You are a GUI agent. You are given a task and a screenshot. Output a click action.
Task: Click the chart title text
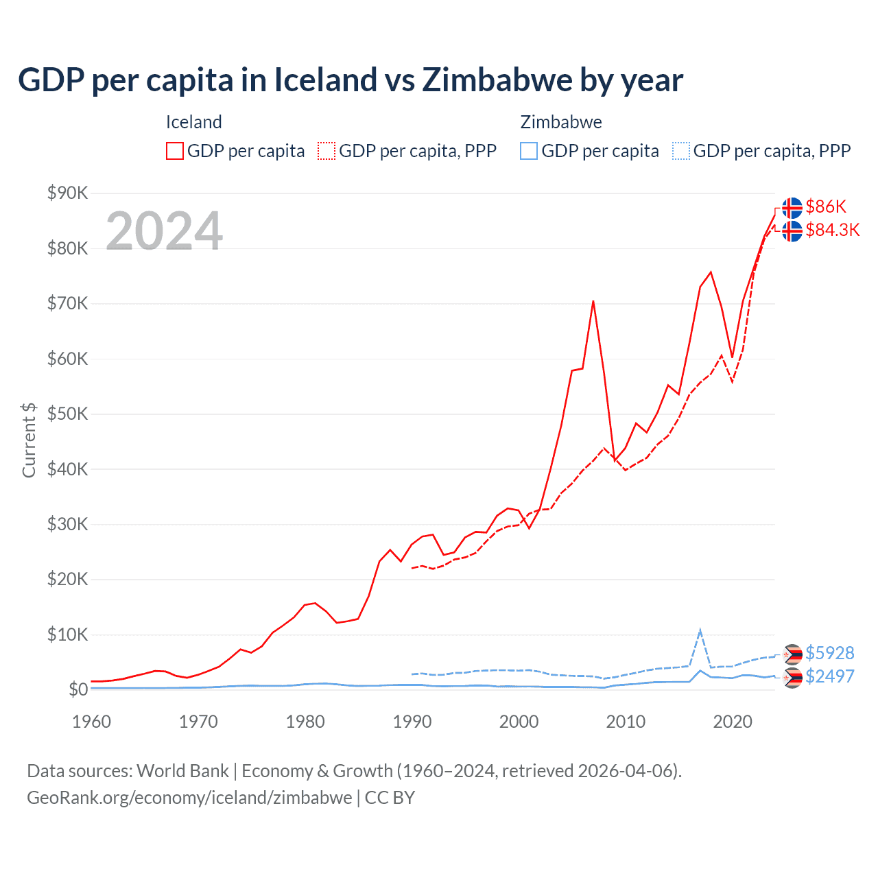click(350, 80)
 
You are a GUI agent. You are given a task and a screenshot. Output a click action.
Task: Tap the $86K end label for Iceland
click(826, 206)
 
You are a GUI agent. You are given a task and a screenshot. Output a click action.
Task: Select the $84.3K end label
click(832, 230)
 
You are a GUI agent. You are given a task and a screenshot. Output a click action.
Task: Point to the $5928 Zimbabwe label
click(829, 653)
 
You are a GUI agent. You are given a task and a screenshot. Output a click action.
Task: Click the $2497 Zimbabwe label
click(829, 676)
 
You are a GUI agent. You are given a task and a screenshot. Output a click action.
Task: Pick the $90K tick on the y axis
click(67, 193)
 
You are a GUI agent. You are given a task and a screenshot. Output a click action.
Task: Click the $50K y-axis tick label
click(67, 414)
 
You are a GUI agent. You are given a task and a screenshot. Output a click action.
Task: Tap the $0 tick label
click(78, 689)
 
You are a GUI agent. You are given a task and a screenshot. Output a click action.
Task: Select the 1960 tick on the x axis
click(91, 722)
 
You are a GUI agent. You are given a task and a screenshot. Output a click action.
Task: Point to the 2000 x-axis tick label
click(519, 722)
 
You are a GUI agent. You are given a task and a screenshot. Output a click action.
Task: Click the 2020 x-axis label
click(733, 722)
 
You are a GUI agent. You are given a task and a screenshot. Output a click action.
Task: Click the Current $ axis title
click(29, 440)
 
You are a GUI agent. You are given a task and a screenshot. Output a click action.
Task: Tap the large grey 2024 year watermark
click(164, 231)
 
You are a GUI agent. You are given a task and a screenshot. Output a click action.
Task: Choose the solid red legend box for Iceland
click(175, 151)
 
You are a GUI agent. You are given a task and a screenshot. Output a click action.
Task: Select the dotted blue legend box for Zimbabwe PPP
click(681, 151)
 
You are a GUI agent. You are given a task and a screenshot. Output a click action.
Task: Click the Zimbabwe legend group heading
click(560, 122)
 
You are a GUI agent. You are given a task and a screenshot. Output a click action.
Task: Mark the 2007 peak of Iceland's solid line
click(593, 301)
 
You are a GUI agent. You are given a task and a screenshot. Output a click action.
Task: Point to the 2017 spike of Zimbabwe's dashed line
click(700, 630)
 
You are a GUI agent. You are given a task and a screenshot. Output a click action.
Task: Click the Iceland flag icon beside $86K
click(792, 207)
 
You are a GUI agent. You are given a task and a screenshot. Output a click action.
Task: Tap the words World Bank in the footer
click(182, 771)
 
